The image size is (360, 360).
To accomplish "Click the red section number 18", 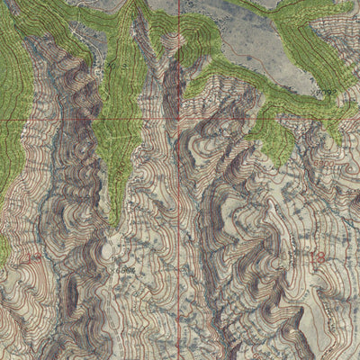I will pyautogui.click(x=316, y=257).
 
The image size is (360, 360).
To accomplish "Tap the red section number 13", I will pyautogui.click(x=34, y=258).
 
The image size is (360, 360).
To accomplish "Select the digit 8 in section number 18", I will pyautogui.click(x=321, y=257).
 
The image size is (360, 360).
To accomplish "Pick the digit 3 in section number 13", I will pyautogui.click(x=39, y=258).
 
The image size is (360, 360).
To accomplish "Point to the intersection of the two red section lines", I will pyautogui.click(x=178, y=118).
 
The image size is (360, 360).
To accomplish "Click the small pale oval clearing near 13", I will pyautogui.click(x=115, y=253).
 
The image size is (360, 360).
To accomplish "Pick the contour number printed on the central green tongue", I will pyautogui.click(x=115, y=166).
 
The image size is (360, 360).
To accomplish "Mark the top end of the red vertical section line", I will pyautogui.click(x=178, y=1).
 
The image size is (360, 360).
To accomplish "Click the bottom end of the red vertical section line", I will pyautogui.click(x=178, y=358).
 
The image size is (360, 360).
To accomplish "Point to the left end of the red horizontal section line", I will pyautogui.click(x=1, y=118).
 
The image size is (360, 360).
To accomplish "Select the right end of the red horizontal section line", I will pyautogui.click(x=358, y=118).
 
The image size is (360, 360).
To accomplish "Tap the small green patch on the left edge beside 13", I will pyautogui.click(x=4, y=252).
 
